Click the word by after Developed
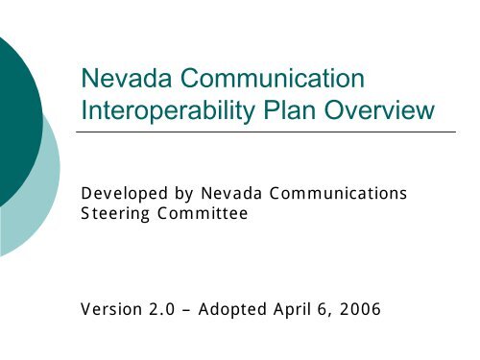click(170, 195)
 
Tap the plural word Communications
click(326, 195)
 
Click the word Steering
click(112, 215)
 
